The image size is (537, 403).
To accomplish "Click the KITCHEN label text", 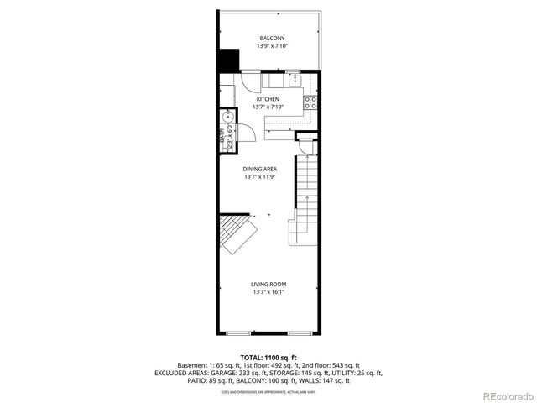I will (x=268, y=100).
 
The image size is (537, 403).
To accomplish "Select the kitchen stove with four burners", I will (x=311, y=103).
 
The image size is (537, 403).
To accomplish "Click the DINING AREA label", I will (x=260, y=169).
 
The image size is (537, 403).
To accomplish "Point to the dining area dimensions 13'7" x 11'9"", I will (x=260, y=177).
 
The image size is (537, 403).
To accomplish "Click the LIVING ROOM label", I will (x=268, y=284).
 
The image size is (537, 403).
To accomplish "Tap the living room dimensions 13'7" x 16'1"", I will (x=268, y=292).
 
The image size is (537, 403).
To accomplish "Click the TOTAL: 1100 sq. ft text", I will (x=268, y=357).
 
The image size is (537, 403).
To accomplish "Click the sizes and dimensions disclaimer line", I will (x=268, y=391).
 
